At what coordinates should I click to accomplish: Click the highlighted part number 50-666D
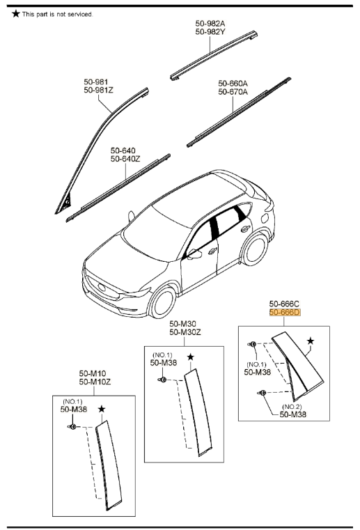click(x=285, y=312)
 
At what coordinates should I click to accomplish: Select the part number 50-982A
click(x=210, y=23)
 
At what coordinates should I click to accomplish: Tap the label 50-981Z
click(x=98, y=90)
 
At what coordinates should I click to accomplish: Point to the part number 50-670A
click(x=233, y=92)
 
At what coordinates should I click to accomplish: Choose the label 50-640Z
click(x=125, y=159)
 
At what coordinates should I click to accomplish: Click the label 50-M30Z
click(x=185, y=332)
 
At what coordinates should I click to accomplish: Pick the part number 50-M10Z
click(x=95, y=382)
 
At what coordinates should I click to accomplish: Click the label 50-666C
click(x=284, y=304)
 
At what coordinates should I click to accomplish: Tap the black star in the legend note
click(x=16, y=14)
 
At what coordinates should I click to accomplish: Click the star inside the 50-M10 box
click(x=102, y=409)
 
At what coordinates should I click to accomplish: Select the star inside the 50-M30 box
click(x=191, y=357)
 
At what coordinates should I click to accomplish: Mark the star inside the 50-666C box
click(x=311, y=341)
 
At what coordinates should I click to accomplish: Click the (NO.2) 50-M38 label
click(x=292, y=411)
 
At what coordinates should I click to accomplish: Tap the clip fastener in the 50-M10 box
click(x=73, y=426)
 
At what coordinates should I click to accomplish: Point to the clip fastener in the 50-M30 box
click(x=162, y=380)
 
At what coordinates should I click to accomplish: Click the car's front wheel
click(x=163, y=301)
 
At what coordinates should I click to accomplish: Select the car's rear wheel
click(x=255, y=249)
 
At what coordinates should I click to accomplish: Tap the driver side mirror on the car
click(x=195, y=254)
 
